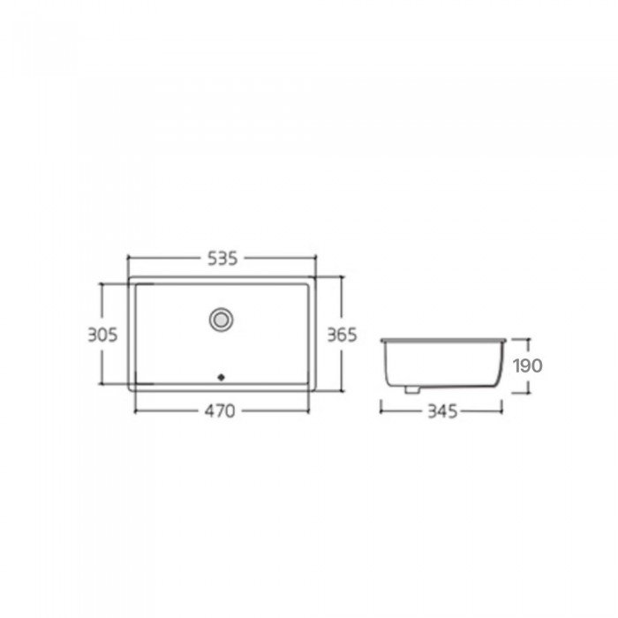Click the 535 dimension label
pos(222,259)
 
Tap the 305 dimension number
pos(102,335)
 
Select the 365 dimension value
pos(343,335)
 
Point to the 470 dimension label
pos(220,411)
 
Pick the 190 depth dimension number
pos(528,366)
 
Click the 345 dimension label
pos(442,411)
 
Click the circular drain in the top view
pos(221,320)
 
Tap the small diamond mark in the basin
pos(221,377)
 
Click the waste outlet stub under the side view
pos(412,389)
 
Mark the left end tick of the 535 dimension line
pos(128,259)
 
